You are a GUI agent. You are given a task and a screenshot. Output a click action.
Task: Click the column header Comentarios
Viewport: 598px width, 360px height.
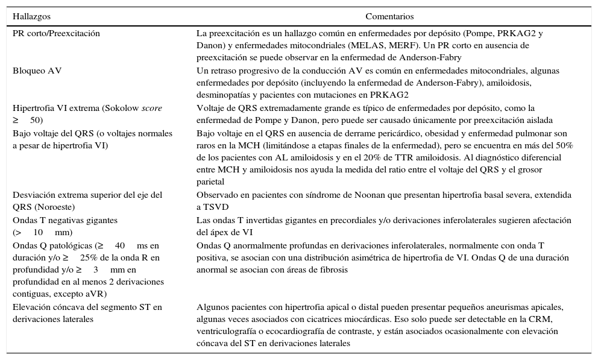pos(389,17)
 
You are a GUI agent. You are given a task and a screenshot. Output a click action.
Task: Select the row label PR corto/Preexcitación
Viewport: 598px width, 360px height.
pos(56,33)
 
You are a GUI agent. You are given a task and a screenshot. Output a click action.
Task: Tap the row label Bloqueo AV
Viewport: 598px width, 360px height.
pos(37,71)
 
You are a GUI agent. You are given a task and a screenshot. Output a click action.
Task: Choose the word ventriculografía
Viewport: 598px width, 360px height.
pos(227,331)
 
